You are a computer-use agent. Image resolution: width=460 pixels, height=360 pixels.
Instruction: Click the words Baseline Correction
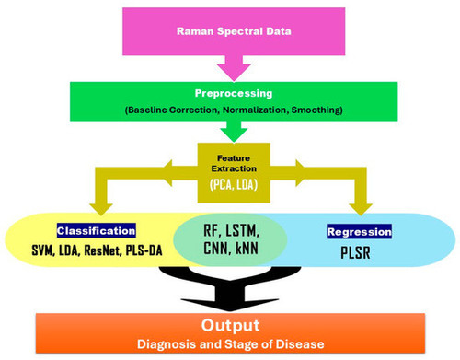[x=157, y=110]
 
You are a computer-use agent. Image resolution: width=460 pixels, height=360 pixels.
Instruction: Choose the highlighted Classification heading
[x=97, y=231]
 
